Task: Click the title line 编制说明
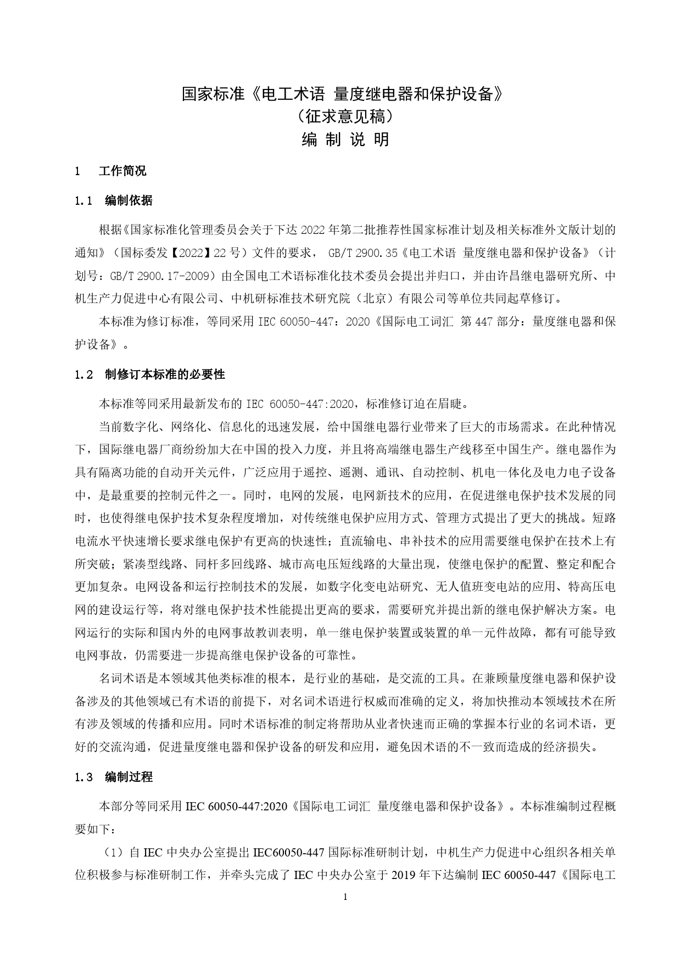[345, 139]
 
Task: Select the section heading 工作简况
[122, 171]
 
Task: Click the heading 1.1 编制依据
[114, 200]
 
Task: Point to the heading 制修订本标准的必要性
[165, 374]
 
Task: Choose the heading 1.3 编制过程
[114, 777]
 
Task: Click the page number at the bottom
[345, 897]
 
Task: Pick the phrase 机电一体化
[498, 472]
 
